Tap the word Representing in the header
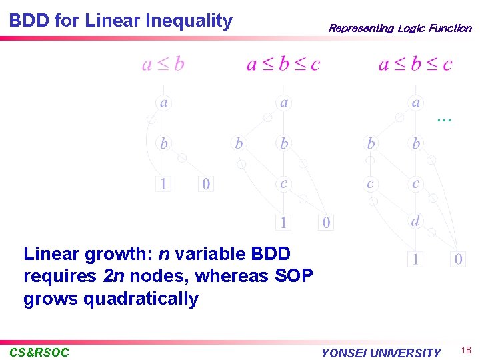pyautogui.click(x=361, y=28)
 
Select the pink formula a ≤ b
pyautogui.click(x=163, y=64)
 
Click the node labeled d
pyautogui.click(x=415, y=221)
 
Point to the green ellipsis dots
pyautogui.click(x=444, y=119)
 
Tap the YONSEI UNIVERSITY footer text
pyautogui.click(x=381, y=353)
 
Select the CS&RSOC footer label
pyautogui.click(x=39, y=352)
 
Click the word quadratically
pyautogui.click(x=141, y=298)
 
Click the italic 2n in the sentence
pyautogui.click(x=113, y=276)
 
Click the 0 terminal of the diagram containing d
pyautogui.click(x=458, y=259)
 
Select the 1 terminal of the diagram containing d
pyautogui.click(x=415, y=259)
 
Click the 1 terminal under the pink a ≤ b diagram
pyautogui.click(x=163, y=183)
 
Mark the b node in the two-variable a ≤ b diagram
pyautogui.click(x=163, y=143)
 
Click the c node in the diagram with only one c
pyautogui.click(x=284, y=183)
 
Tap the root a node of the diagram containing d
pyautogui.click(x=416, y=103)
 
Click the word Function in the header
pyautogui.click(x=450, y=28)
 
